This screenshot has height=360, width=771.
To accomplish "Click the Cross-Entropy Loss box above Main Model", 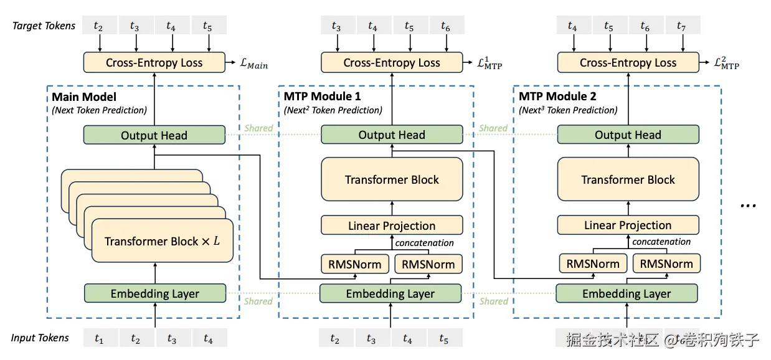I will [154, 62].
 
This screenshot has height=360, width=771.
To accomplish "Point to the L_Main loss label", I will [254, 64].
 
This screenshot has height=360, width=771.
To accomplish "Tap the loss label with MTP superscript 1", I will [490, 63].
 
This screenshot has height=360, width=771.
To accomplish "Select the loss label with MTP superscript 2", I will [727, 63].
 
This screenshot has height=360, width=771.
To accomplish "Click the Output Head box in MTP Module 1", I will [392, 135].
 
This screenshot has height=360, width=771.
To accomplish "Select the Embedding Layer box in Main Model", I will [154, 294].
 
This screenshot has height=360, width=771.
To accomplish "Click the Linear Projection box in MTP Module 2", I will [628, 225].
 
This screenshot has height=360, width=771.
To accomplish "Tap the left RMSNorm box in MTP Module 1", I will [355, 264].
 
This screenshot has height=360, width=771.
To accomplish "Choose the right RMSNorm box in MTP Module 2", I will [666, 264].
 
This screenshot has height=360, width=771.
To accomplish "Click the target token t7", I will [682, 26].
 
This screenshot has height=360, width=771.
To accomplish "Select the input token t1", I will [99, 339].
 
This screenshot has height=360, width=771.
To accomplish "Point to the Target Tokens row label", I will [44, 26].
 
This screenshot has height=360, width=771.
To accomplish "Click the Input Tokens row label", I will [40, 338].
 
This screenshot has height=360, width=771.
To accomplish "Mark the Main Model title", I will [84, 97].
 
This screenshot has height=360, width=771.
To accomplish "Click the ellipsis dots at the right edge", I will [747, 205].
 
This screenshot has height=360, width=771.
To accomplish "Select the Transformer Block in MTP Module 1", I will [392, 180].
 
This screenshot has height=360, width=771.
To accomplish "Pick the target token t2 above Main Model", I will [99, 26].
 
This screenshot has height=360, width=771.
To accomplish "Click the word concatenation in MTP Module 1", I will [425, 243].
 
